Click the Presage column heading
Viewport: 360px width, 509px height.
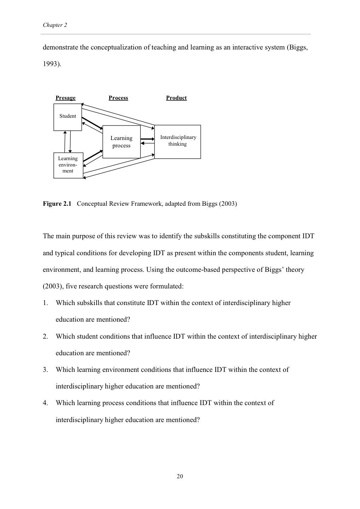tap(65, 98)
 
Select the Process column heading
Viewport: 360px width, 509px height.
tap(118, 98)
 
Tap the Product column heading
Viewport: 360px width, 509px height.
tap(176, 98)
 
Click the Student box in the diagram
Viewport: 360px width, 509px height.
tap(68, 117)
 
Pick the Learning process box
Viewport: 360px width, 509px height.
tap(121, 142)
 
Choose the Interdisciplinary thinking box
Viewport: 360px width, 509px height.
tap(178, 141)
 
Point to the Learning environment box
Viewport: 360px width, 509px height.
tap(68, 165)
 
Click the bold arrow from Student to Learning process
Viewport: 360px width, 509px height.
tap(92, 123)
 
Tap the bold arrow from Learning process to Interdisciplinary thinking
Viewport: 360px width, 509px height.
tap(147, 139)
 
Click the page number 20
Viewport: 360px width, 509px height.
tap(180, 476)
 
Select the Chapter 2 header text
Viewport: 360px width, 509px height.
tap(55, 25)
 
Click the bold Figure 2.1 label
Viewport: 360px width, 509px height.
tap(57, 204)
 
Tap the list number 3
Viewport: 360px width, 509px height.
tap(45, 370)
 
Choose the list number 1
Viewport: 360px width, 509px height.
tap(45, 303)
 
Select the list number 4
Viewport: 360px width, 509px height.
tap(45, 403)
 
